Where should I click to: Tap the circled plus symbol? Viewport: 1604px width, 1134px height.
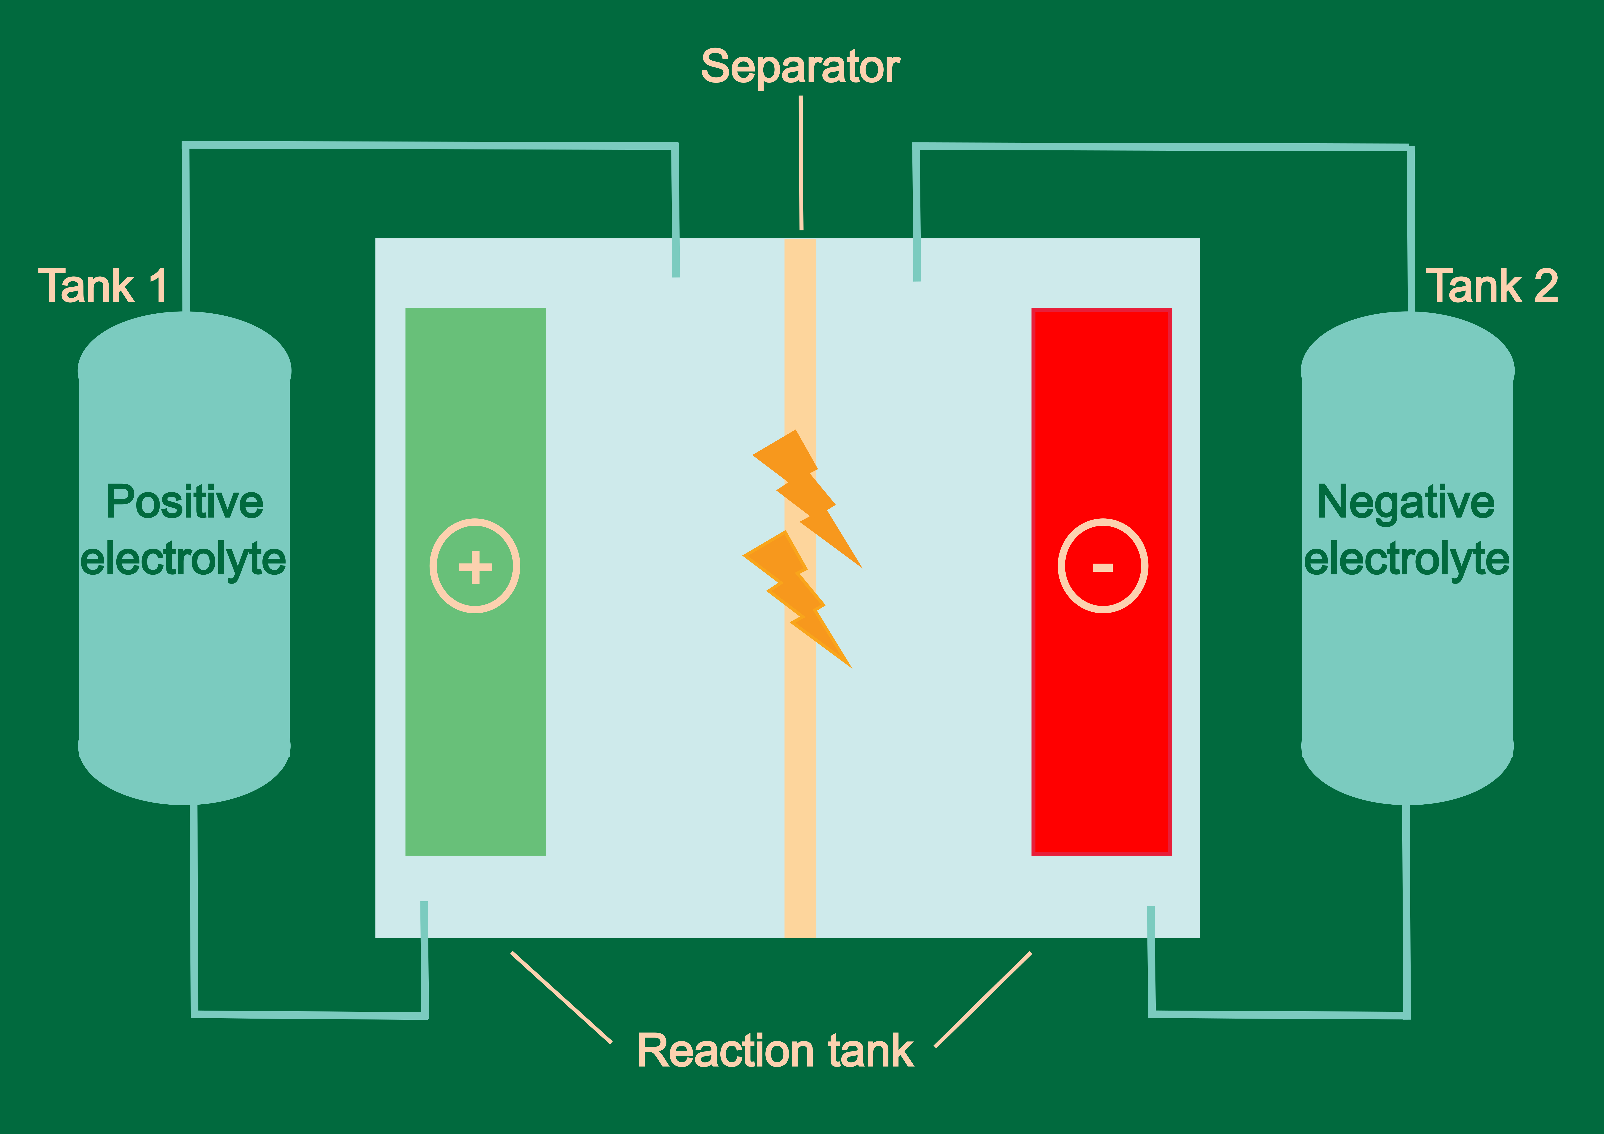pos(475,566)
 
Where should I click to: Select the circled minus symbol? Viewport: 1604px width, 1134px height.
pos(1102,566)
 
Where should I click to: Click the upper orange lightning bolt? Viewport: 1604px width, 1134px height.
pos(803,489)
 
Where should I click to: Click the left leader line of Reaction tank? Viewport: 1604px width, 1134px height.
pos(561,997)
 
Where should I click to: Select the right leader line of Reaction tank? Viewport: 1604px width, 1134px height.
pos(983,999)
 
